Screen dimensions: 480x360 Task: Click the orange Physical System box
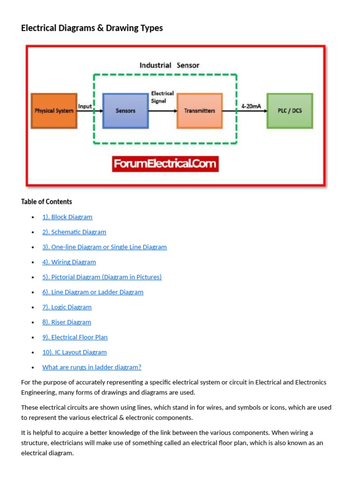pos(54,111)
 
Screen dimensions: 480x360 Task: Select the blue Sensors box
pos(125,111)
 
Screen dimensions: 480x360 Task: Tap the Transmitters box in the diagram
pos(200,111)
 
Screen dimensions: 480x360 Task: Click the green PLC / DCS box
pos(290,111)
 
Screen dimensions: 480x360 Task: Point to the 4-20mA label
pos(251,106)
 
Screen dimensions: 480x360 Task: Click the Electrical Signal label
pos(162,97)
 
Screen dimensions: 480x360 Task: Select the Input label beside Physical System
pos(85,106)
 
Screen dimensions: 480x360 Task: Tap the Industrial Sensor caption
pos(169,65)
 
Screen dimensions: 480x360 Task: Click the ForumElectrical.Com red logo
pos(165,164)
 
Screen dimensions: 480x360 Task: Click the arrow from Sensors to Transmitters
pos(163,111)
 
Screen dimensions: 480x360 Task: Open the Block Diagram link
pos(67,217)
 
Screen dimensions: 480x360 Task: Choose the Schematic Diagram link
pos(74,232)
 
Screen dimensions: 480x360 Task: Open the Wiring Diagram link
pos(69,262)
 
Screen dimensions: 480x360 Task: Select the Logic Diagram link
pos(67,307)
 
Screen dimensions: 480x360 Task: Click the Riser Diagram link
pos(67,322)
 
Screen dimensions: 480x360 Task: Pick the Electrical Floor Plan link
pos(75,337)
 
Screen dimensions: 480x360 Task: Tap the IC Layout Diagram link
pos(74,352)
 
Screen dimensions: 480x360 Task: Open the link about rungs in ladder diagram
pos(91,367)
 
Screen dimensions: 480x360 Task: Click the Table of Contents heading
pos(46,202)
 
